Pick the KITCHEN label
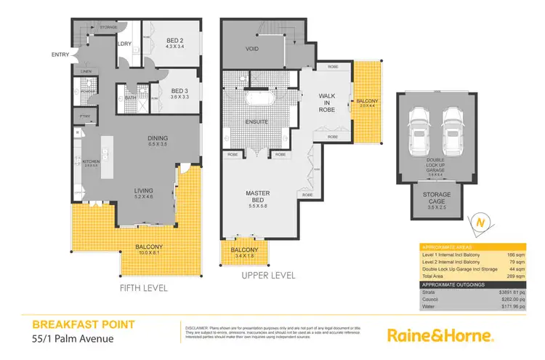91,161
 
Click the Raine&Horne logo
440,336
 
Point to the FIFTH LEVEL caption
143,288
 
